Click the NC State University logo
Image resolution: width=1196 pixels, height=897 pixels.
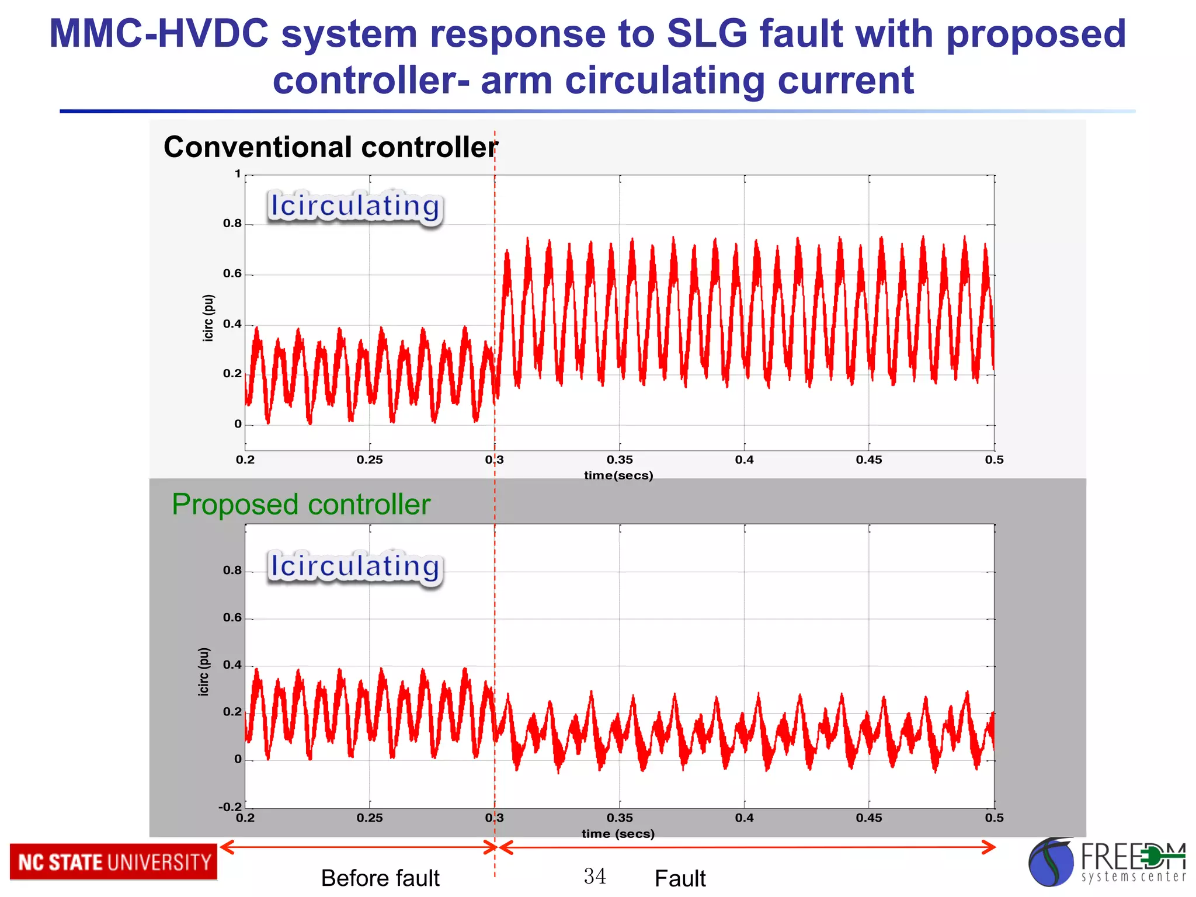point(113,862)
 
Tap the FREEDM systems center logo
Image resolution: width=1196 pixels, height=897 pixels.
point(1106,862)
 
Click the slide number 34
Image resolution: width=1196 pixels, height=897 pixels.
point(594,876)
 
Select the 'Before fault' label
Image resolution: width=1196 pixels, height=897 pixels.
point(380,878)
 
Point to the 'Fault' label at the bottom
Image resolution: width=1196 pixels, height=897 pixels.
point(680,878)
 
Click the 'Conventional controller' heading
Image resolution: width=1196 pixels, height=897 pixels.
point(331,147)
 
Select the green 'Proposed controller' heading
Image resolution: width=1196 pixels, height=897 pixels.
point(301,504)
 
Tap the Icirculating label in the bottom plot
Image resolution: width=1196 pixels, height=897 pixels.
point(354,566)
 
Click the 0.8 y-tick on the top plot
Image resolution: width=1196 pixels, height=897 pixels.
point(232,223)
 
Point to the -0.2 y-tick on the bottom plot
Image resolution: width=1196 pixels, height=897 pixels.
point(230,806)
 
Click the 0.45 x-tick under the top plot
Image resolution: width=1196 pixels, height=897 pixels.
point(868,460)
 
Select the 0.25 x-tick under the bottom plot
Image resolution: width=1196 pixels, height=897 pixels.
point(369,818)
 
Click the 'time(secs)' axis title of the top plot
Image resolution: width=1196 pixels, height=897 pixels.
point(618,475)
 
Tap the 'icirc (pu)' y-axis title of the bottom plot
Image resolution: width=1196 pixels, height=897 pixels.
point(203,672)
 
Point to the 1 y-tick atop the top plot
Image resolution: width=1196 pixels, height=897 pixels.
point(238,173)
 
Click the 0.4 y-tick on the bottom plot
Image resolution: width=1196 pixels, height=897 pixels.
point(232,665)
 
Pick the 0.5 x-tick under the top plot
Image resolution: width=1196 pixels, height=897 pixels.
point(993,460)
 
